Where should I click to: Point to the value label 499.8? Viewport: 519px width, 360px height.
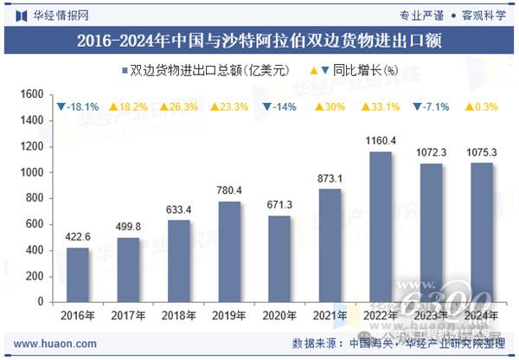[128, 227]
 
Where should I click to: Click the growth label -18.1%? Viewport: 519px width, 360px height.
[78, 106]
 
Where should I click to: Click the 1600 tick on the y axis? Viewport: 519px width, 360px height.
[32, 94]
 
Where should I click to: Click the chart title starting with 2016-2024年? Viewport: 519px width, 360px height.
[259, 40]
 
